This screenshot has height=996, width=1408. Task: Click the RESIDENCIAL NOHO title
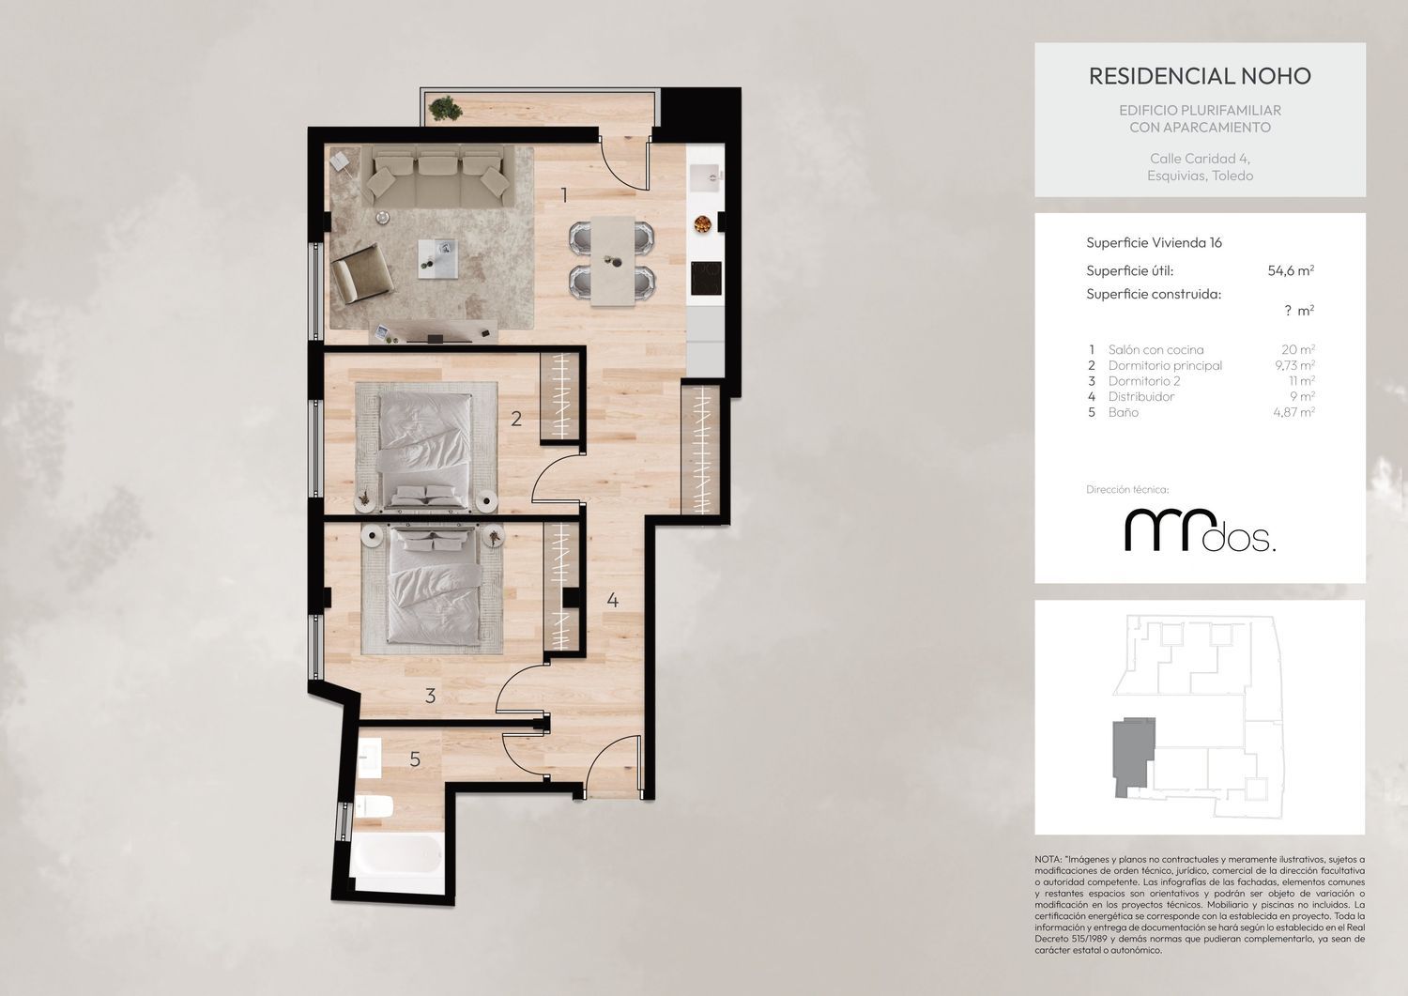tap(1200, 76)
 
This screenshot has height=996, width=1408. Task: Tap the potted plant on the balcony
tap(446, 108)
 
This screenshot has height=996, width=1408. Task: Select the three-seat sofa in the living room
tap(438, 176)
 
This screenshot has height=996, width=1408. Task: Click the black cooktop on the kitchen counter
tap(707, 278)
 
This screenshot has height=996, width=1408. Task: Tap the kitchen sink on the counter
tap(705, 177)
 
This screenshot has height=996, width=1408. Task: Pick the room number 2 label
tap(516, 418)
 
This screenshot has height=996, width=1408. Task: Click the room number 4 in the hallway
tap(612, 600)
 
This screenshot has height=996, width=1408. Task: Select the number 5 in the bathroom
tap(415, 758)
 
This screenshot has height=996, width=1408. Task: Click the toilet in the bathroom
tap(374, 806)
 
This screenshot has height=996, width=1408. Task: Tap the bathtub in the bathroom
tap(399, 854)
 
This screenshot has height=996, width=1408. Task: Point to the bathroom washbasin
tap(370, 758)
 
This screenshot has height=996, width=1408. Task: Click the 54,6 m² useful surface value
tap(1291, 270)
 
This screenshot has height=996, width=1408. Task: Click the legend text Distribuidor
tap(1140, 396)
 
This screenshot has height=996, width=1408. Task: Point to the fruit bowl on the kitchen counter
tap(702, 223)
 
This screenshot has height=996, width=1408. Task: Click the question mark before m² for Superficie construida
tap(1288, 311)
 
